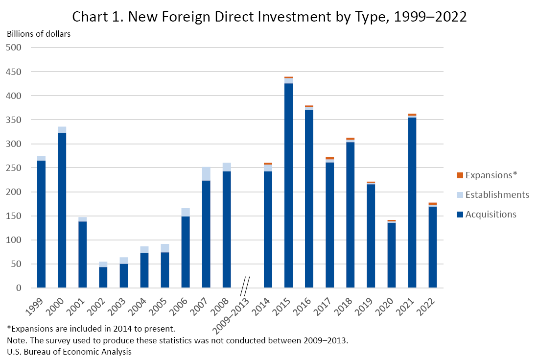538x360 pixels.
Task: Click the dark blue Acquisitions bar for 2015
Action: tap(288, 186)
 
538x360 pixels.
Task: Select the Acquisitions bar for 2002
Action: tap(103, 277)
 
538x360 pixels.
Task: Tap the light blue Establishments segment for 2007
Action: tap(206, 174)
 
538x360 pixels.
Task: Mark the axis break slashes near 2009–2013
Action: tap(245, 286)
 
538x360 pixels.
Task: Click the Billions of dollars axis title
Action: tap(39, 34)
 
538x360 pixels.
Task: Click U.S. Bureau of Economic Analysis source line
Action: tap(69, 352)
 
